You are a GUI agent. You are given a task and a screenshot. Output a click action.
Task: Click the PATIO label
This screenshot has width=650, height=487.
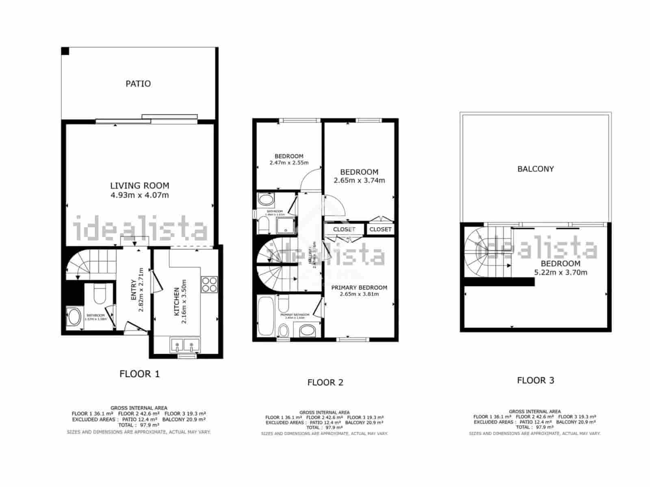[x=138, y=84]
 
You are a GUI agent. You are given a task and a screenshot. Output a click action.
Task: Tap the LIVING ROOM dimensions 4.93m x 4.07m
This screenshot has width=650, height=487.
[x=139, y=195]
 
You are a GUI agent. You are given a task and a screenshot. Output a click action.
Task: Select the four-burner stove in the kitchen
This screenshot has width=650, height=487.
[x=209, y=284]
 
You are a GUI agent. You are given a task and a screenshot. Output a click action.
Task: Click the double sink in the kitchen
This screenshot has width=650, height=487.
[x=184, y=346]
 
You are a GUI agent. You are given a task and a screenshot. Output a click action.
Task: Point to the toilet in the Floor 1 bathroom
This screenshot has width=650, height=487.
[x=100, y=295]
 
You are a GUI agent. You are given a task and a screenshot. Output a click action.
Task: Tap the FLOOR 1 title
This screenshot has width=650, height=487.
[x=139, y=374]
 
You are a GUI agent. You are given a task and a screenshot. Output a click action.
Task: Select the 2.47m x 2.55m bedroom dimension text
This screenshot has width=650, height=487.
[x=289, y=163]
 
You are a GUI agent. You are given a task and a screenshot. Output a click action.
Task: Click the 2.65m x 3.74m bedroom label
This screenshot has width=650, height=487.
[x=359, y=180]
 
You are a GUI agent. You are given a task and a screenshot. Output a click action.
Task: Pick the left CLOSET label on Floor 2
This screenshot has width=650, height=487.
[x=344, y=229]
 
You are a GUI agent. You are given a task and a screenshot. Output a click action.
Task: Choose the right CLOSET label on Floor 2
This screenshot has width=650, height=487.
[x=381, y=229]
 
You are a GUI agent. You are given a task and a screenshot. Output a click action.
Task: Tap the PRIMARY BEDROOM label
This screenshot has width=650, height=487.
[x=359, y=287]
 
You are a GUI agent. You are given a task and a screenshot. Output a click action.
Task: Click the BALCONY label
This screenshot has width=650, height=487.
[x=535, y=169]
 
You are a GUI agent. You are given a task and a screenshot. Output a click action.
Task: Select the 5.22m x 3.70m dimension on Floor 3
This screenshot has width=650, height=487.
[x=561, y=272]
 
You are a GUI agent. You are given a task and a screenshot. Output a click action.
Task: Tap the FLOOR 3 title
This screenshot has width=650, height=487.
[x=535, y=380]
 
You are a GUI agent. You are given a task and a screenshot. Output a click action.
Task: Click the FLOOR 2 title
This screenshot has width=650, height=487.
[x=325, y=382]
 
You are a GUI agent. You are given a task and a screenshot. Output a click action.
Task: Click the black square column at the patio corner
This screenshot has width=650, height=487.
[x=65, y=51]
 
